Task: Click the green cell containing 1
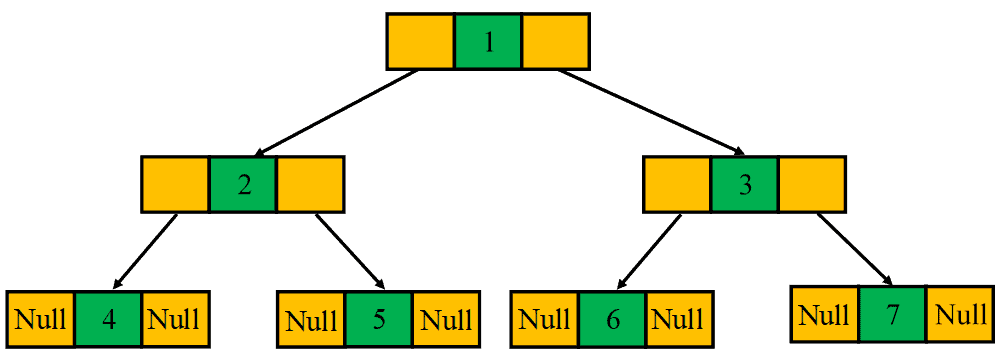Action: coord(488,42)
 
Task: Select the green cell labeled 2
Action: coord(243,184)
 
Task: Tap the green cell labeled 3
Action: coord(744,184)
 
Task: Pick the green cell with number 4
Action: coord(108,319)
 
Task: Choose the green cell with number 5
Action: coord(379,320)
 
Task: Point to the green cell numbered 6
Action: coord(612,319)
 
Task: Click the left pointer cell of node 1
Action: coord(421,42)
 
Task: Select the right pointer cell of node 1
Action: coord(555,42)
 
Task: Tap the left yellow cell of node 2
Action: coord(176,184)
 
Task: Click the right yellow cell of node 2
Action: coord(310,184)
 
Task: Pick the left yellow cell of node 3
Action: coord(677,184)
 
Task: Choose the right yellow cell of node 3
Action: coord(811,184)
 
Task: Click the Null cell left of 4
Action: coord(41,319)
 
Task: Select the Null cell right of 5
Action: coord(446,320)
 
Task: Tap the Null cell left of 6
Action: coord(545,319)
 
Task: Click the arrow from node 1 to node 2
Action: coord(330,112)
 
